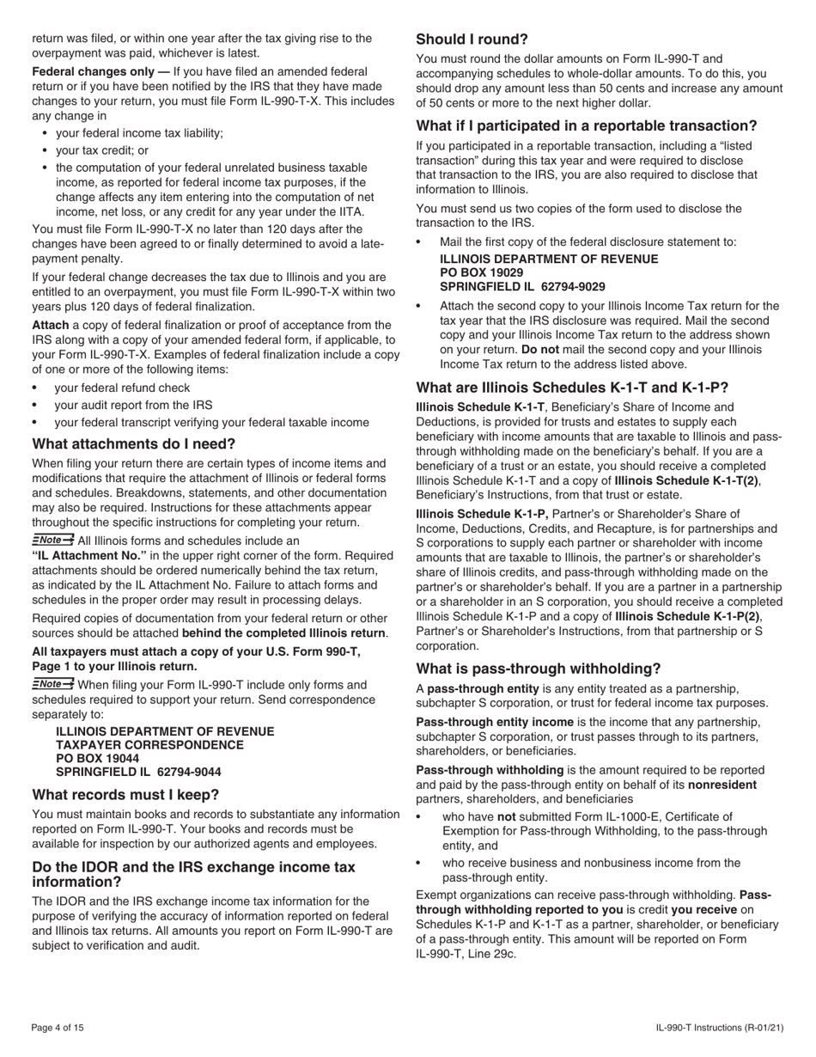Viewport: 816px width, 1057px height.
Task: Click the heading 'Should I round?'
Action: [472, 40]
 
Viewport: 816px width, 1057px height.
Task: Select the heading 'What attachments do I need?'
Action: [133, 444]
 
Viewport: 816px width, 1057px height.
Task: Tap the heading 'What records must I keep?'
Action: [125, 794]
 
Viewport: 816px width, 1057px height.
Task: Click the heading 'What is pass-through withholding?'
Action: [539, 669]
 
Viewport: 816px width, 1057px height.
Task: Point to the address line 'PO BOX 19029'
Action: [481, 272]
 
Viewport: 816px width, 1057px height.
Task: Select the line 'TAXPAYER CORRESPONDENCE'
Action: [149, 745]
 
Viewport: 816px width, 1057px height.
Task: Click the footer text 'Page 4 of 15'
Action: [58, 1028]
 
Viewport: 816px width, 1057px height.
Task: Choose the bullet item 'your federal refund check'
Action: [122, 388]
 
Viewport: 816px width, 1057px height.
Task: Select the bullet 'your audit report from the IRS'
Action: [133, 405]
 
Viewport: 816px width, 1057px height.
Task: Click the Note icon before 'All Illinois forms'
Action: [52, 540]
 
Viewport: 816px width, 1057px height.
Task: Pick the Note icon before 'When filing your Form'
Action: [52, 684]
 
